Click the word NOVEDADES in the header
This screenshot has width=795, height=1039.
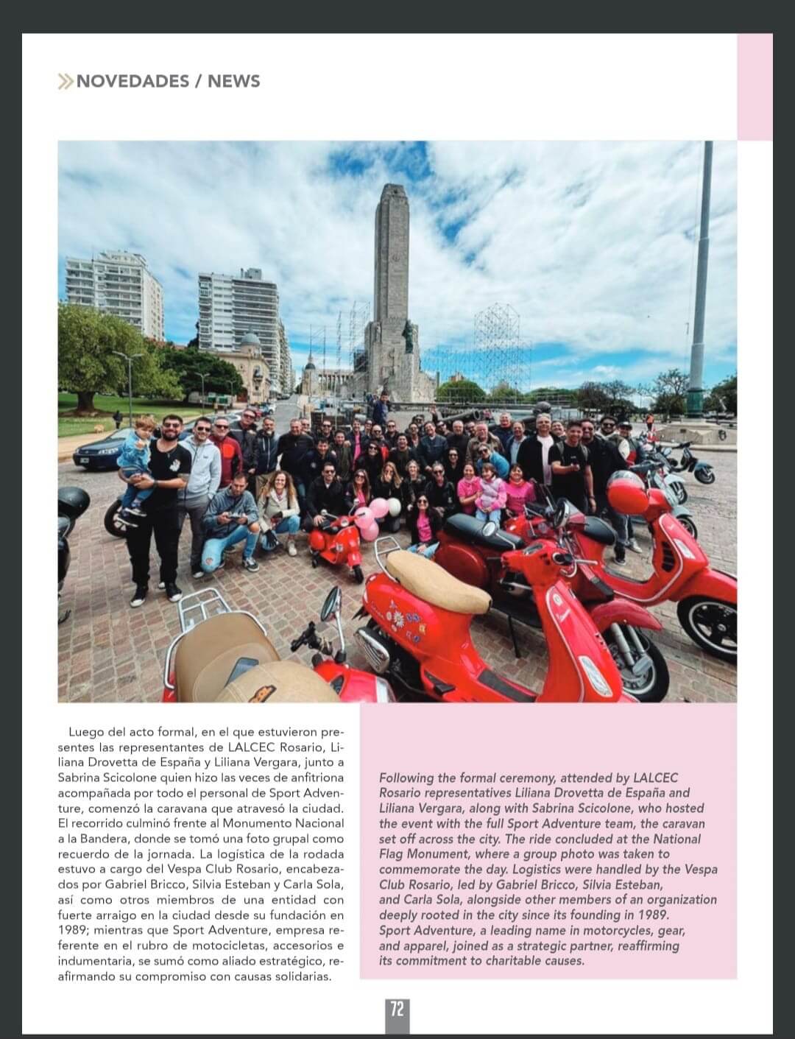[x=132, y=81]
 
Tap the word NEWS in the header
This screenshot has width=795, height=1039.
[x=234, y=81]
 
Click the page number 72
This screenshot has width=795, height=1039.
[x=397, y=1008]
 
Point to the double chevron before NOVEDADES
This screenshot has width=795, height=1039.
[x=66, y=81]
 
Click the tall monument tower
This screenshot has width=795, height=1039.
[x=392, y=280]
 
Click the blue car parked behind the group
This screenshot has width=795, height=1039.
[x=99, y=451]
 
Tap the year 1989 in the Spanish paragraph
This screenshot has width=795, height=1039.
[x=71, y=931]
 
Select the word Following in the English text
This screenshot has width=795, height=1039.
[x=406, y=778]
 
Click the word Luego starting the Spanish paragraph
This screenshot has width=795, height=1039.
[x=85, y=732]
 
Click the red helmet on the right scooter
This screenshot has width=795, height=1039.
[x=628, y=494]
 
